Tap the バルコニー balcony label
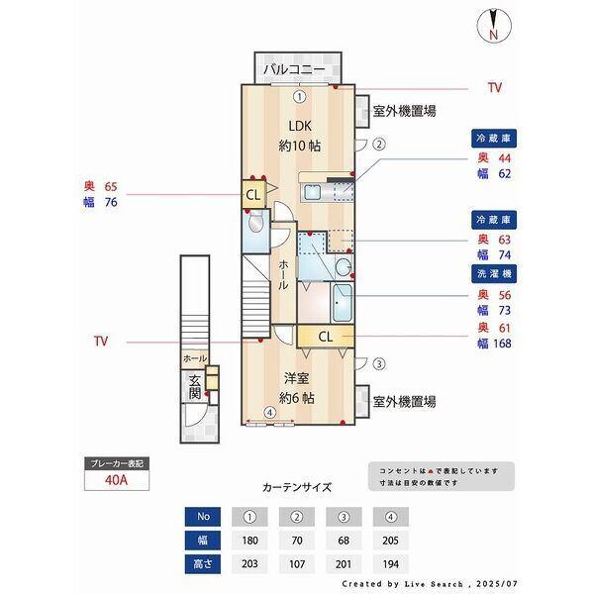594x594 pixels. [297, 70]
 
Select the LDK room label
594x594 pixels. [298, 126]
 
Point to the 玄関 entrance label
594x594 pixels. [193, 388]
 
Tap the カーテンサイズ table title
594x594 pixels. [296, 487]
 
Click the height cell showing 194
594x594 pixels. [391, 564]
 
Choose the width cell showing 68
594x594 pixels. [344, 541]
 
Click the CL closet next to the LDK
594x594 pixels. [252, 193]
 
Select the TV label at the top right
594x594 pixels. [494, 88]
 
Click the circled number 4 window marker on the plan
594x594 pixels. [268, 413]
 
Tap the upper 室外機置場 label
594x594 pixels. [404, 111]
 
